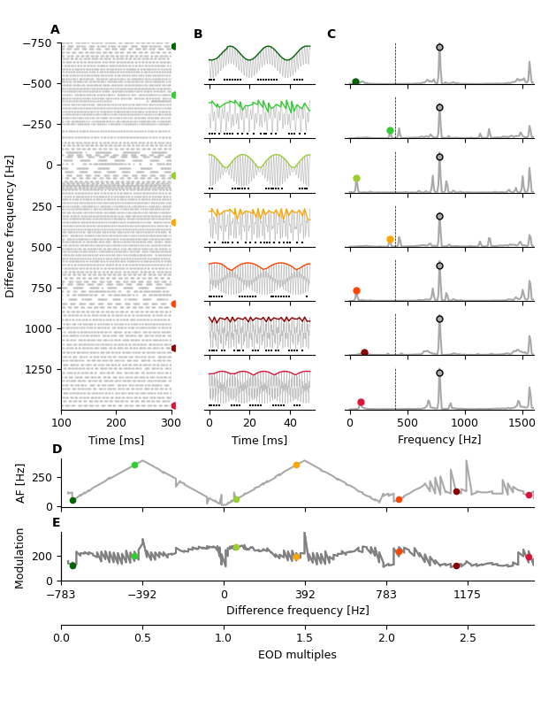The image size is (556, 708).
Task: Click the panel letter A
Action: [x=55, y=30]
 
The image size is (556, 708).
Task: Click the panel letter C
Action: [x=331, y=35]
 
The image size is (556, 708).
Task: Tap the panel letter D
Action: [x=57, y=450]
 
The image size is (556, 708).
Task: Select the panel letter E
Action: [x=57, y=523]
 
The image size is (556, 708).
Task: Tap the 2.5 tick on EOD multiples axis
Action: [x=468, y=637]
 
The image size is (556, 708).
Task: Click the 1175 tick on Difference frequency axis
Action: [x=468, y=595]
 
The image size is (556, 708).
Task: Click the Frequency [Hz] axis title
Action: [x=439, y=440]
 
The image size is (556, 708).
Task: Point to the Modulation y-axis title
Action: [x=20, y=553]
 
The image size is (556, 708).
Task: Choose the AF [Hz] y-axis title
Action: [x=20, y=482]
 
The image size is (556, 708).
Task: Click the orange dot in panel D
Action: [x=296, y=465]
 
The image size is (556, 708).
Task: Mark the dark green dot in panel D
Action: [x=72, y=500]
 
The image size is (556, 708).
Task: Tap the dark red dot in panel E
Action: [x=456, y=566]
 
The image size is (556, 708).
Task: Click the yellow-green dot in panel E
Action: [x=236, y=547]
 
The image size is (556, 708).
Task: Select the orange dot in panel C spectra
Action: [x=390, y=239]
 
